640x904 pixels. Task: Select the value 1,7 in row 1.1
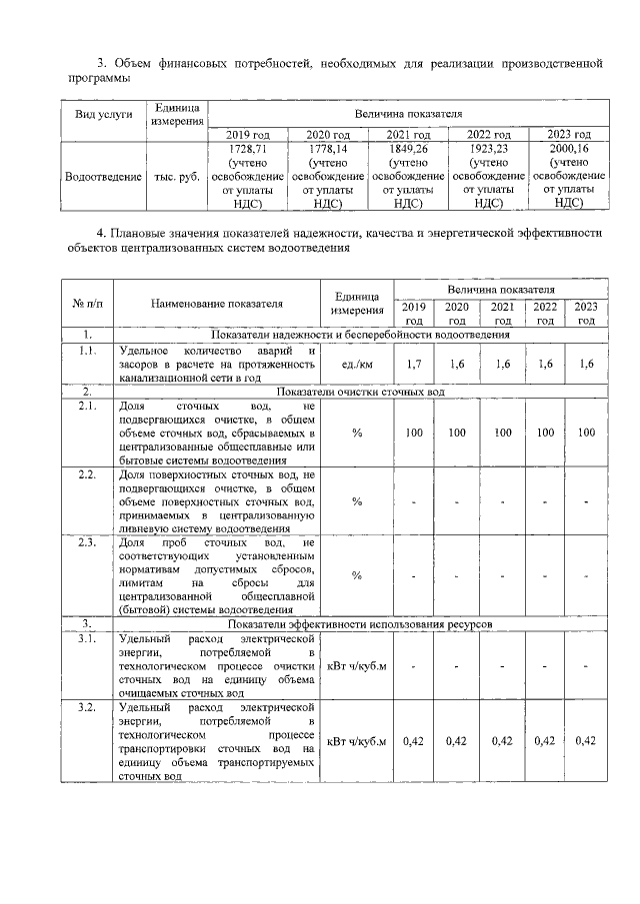[x=414, y=365]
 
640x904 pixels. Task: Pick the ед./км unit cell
[x=357, y=365]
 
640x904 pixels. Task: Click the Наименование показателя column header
[x=216, y=304]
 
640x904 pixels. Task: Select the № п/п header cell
[x=87, y=304]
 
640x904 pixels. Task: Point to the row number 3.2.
[x=87, y=708]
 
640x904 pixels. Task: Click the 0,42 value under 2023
[x=586, y=741]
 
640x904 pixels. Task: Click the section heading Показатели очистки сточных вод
[x=359, y=392]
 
